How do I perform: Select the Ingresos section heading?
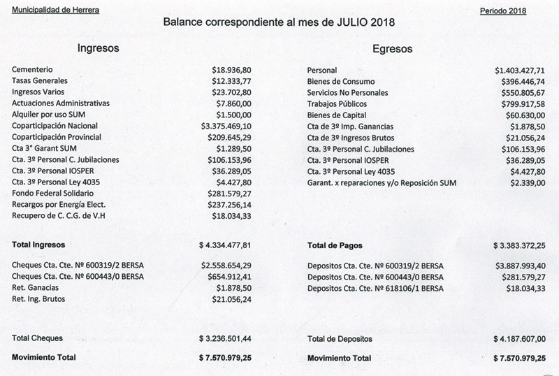99,49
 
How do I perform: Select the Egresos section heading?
392,49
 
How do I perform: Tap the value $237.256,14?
226,204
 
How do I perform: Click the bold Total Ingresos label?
38,245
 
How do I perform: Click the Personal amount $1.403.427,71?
520,71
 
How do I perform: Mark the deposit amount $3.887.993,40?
520,266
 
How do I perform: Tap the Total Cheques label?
38,338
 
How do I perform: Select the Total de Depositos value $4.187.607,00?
520,339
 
